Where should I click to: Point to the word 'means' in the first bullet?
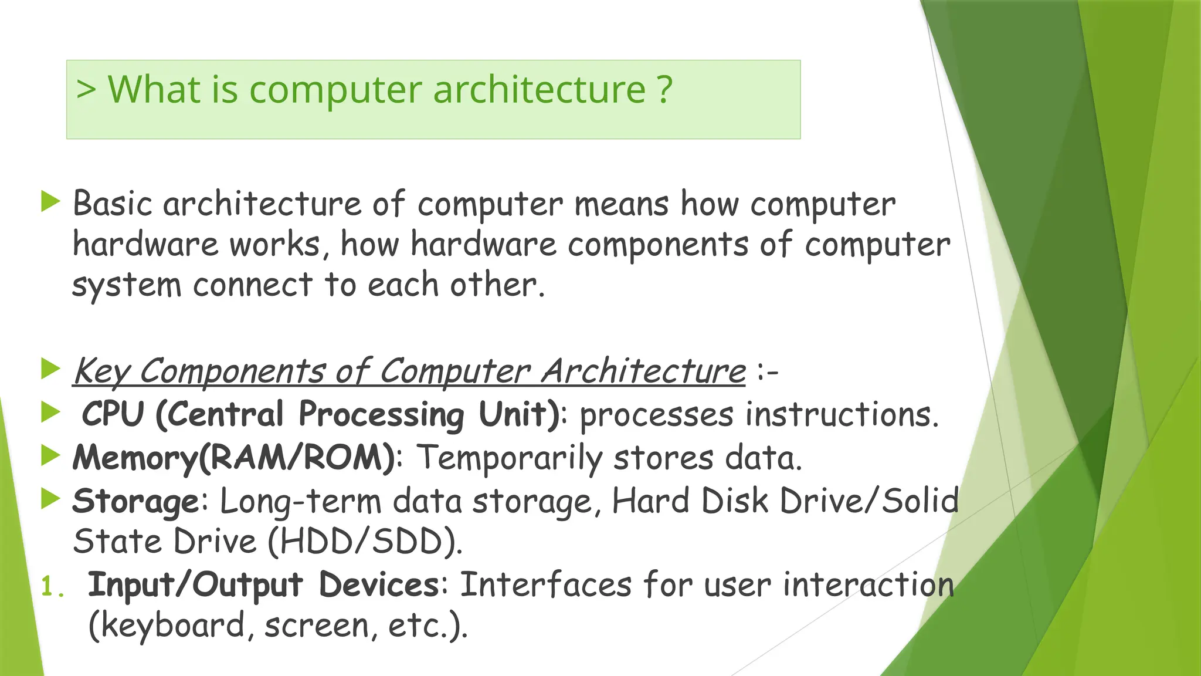click(x=621, y=205)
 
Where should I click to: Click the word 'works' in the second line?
click(x=274, y=245)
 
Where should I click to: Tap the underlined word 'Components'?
click(x=232, y=371)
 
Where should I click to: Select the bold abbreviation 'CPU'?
click(x=113, y=414)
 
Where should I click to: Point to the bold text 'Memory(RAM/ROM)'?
click(x=234, y=457)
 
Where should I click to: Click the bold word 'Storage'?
click(x=135, y=502)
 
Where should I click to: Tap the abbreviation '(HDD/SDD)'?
click(x=365, y=541)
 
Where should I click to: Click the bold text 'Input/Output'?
click(x=195, y=585)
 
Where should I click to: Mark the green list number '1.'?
click(x=52, y=586)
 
